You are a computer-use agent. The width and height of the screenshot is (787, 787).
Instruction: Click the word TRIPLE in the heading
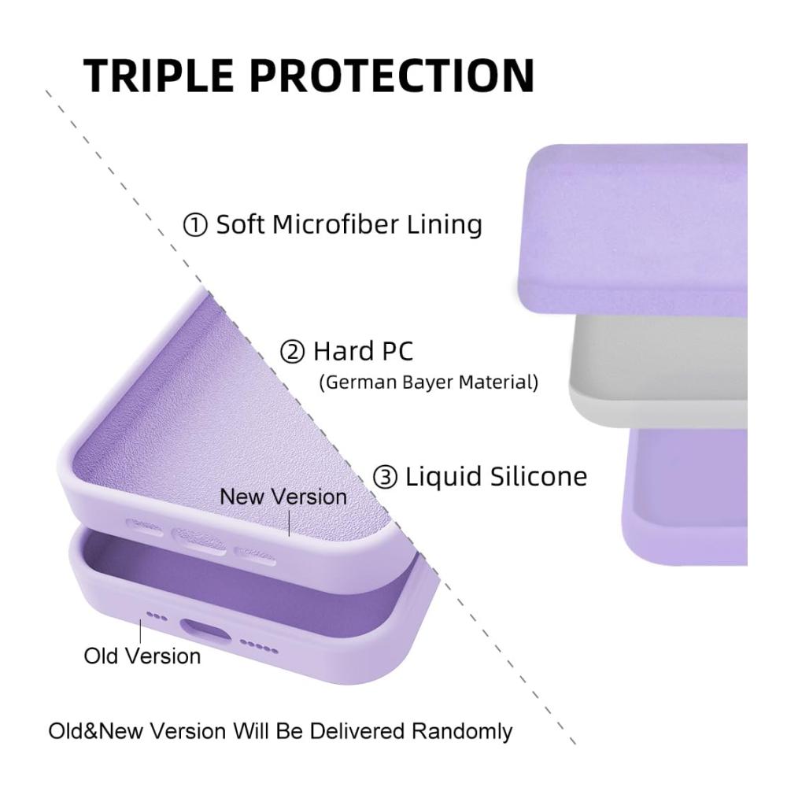pyautogui.click(x=158, y=76)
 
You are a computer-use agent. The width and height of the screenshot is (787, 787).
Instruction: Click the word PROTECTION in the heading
pyautogui.click(x=392, y=76)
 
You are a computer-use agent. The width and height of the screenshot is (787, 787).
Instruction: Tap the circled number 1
pyautogui.click(x=195, y=225)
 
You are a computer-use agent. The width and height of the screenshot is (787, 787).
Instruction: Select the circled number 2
pyautogui.click(x=292, y=351)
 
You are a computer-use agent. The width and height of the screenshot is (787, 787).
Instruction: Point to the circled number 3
pyautogui.click(x=385, y=477)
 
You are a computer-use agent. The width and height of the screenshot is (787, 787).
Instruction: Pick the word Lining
pyautogui.click(x=444, y=225)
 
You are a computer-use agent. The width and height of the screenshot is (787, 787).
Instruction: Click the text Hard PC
pyautogui.click(x=363, y=351)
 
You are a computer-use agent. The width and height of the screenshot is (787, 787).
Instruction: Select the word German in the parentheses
pyautogui.click(x=361, y=382)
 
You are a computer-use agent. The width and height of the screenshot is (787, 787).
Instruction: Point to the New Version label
pyautogui.click(x=283, y=497)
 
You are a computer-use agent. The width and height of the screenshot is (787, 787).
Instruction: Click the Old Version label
pyautogui.click(x=142, y=656)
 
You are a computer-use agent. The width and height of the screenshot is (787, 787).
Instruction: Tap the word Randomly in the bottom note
pyautogui.click(x=462, y=731)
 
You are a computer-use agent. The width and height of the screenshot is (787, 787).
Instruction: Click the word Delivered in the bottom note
pyautogui.click(x=357, y=731)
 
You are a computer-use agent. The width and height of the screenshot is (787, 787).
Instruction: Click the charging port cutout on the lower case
pyautogui.click(x=206, y=631)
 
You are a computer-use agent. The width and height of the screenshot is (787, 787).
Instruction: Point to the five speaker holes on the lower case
pyautogui.click(x=259, y=646)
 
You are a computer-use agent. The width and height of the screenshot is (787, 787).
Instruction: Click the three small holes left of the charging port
pyautogui.click(x=157, y=616)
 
